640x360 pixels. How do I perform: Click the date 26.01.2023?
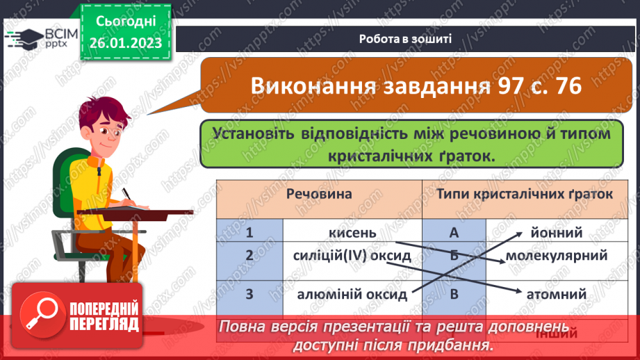(125, 43)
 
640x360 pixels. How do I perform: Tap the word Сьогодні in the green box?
(125, 22)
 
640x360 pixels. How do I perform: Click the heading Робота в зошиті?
(407, 39)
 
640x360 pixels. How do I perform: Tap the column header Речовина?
(320, 194)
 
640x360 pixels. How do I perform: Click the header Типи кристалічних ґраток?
(525, 194)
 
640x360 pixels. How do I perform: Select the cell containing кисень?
(352, 231)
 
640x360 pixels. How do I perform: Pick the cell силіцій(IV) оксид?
(352, 256)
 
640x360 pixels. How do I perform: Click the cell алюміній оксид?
(352, 294)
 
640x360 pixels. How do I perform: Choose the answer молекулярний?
(557, 256)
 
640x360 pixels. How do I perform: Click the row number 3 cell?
(249, 294)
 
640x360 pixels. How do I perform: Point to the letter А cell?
(454, 231)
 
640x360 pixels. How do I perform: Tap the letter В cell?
(454, 294)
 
